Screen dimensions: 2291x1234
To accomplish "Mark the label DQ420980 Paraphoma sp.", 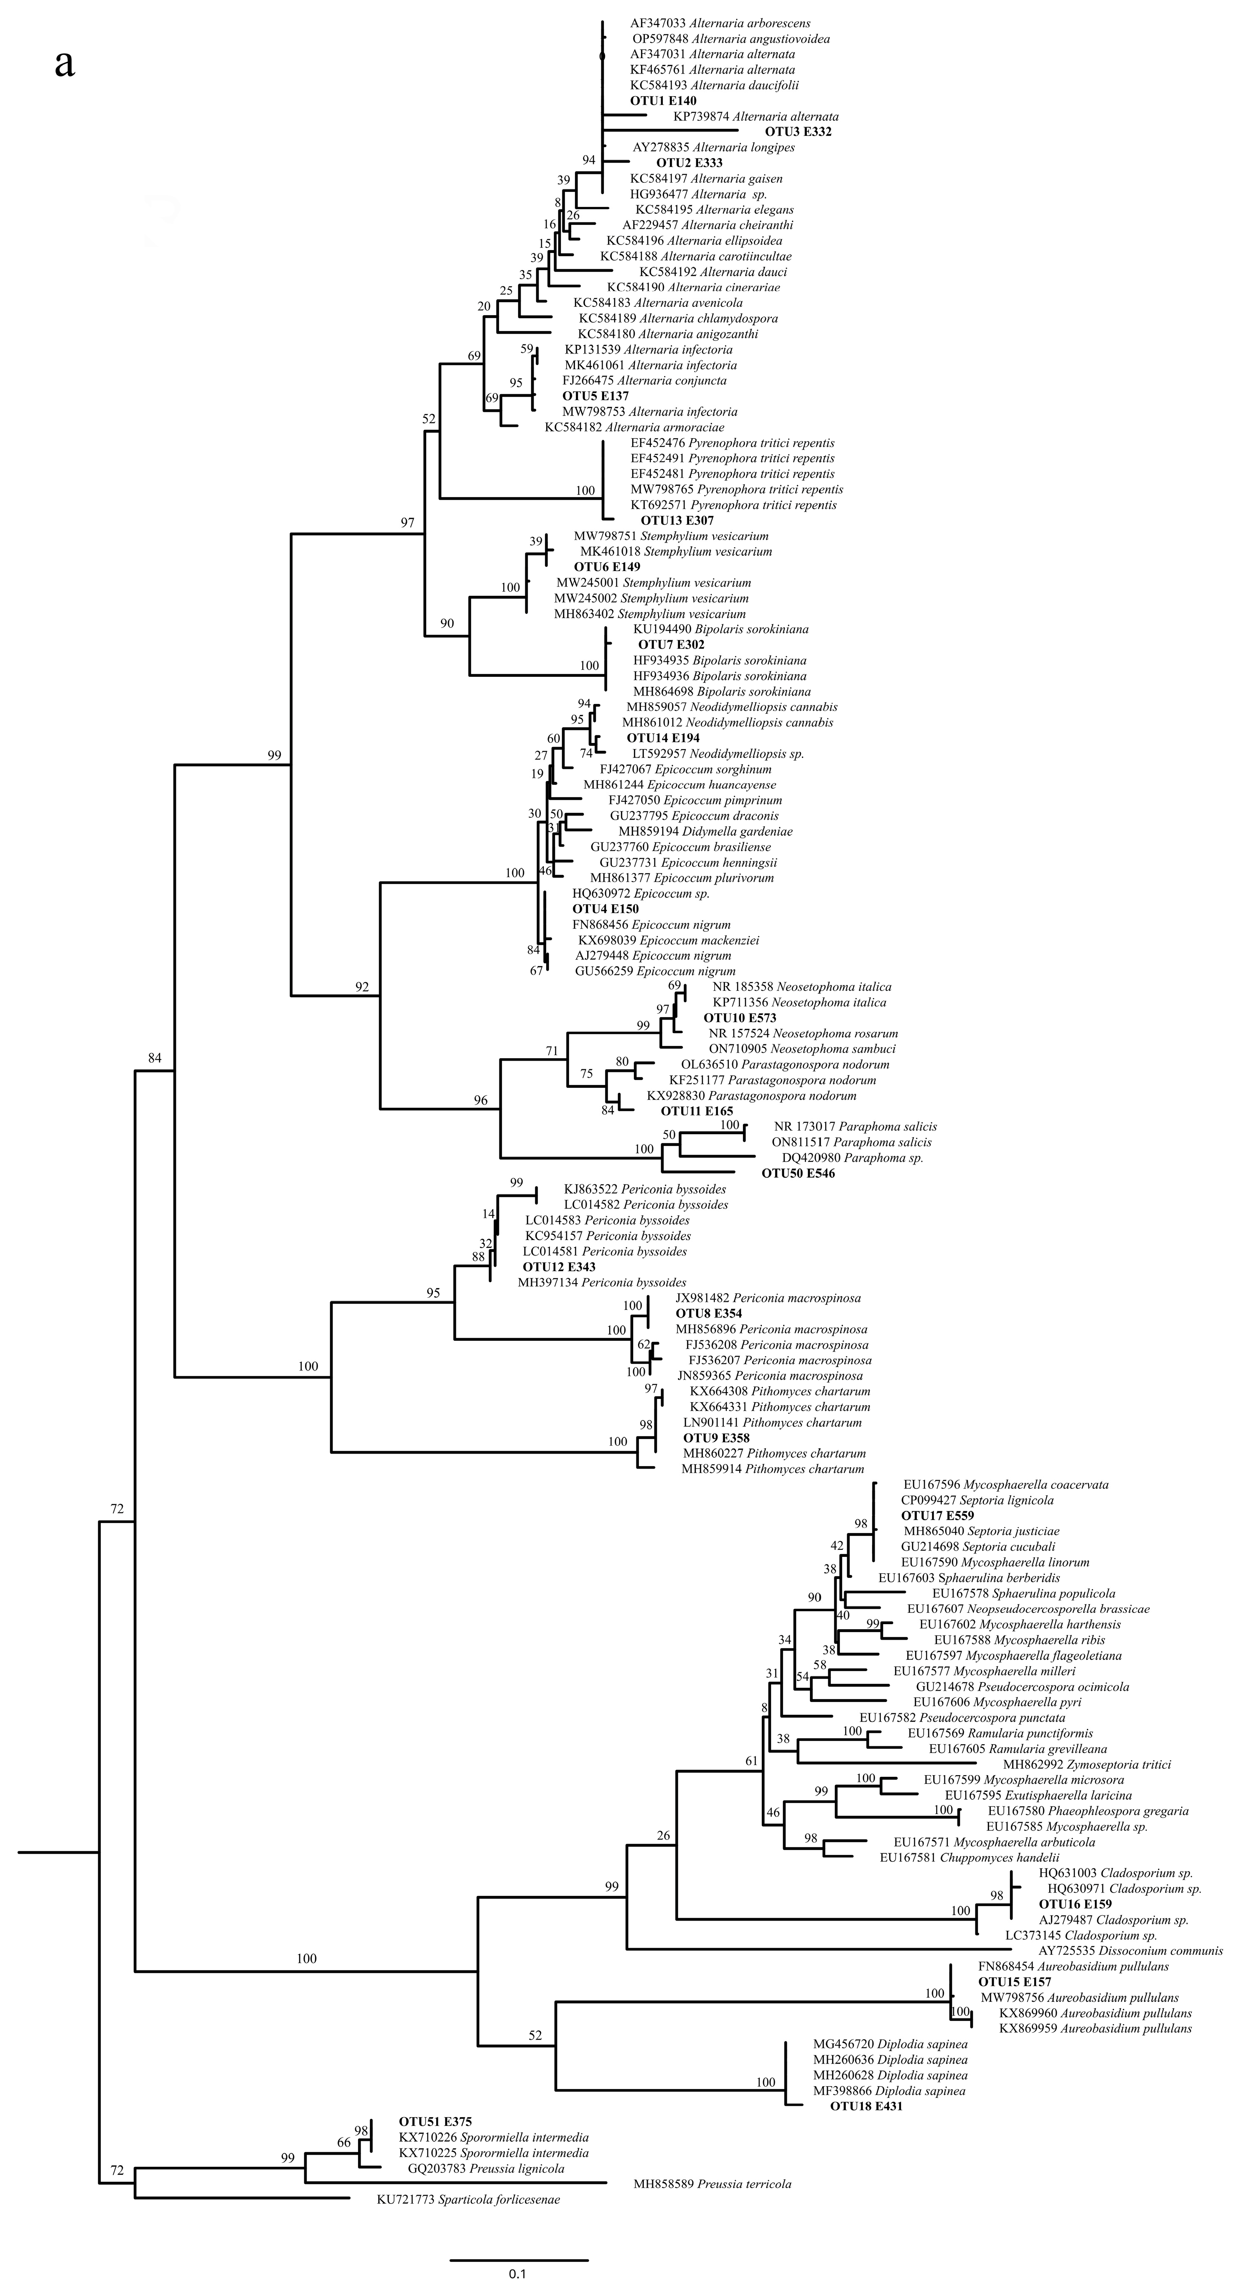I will click(x=852, y=1158).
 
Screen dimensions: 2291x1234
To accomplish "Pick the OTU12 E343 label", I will click(x=558, y=1266).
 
